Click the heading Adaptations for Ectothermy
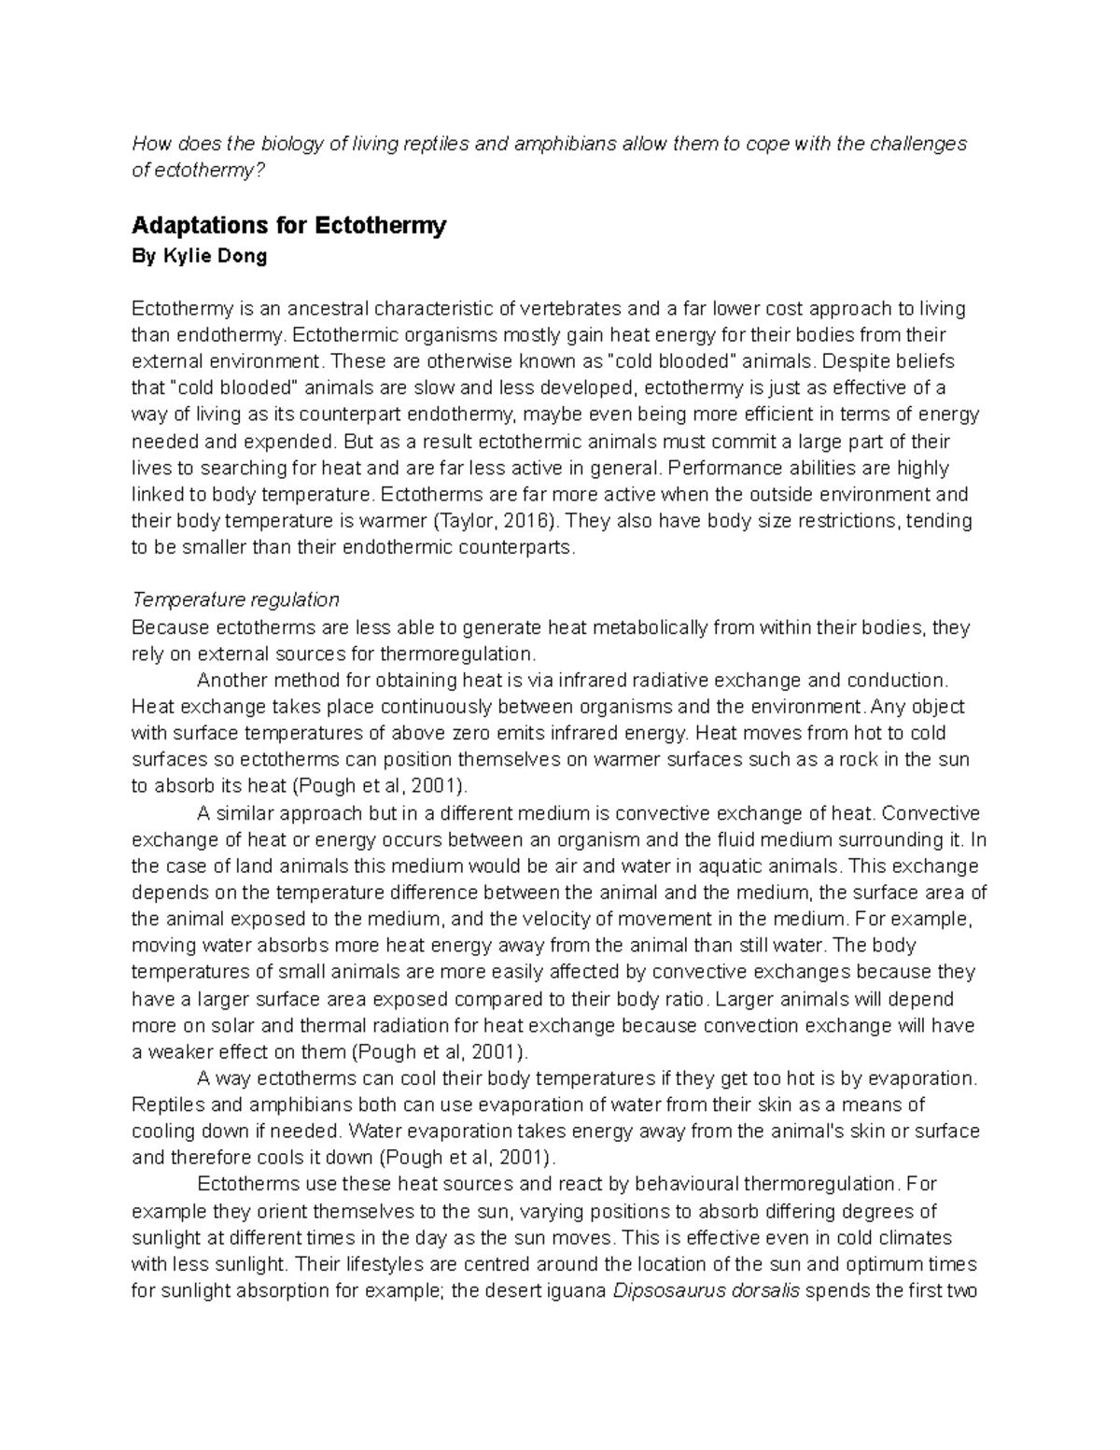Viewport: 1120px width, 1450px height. pos(289,226)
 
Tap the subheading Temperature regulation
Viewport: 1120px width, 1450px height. pos(235,599)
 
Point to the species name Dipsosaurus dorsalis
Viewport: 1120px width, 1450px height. pos(706,1292)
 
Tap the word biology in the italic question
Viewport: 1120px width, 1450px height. pos(289,144)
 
